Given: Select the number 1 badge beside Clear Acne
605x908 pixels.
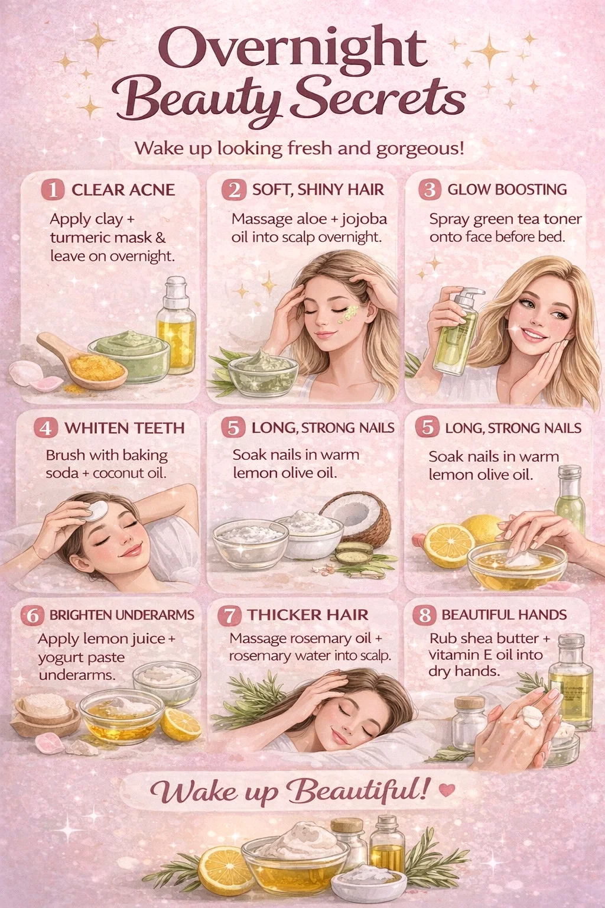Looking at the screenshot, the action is click(x=53, y=190).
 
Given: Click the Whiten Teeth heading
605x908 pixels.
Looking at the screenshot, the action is click(x=125, y=428).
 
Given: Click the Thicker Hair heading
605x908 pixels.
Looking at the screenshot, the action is click(x=308, y=615).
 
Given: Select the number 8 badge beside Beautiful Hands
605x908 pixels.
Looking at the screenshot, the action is click(x=424, y=615).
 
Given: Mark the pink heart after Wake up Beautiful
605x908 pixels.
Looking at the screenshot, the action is click(x=447, y=790).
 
